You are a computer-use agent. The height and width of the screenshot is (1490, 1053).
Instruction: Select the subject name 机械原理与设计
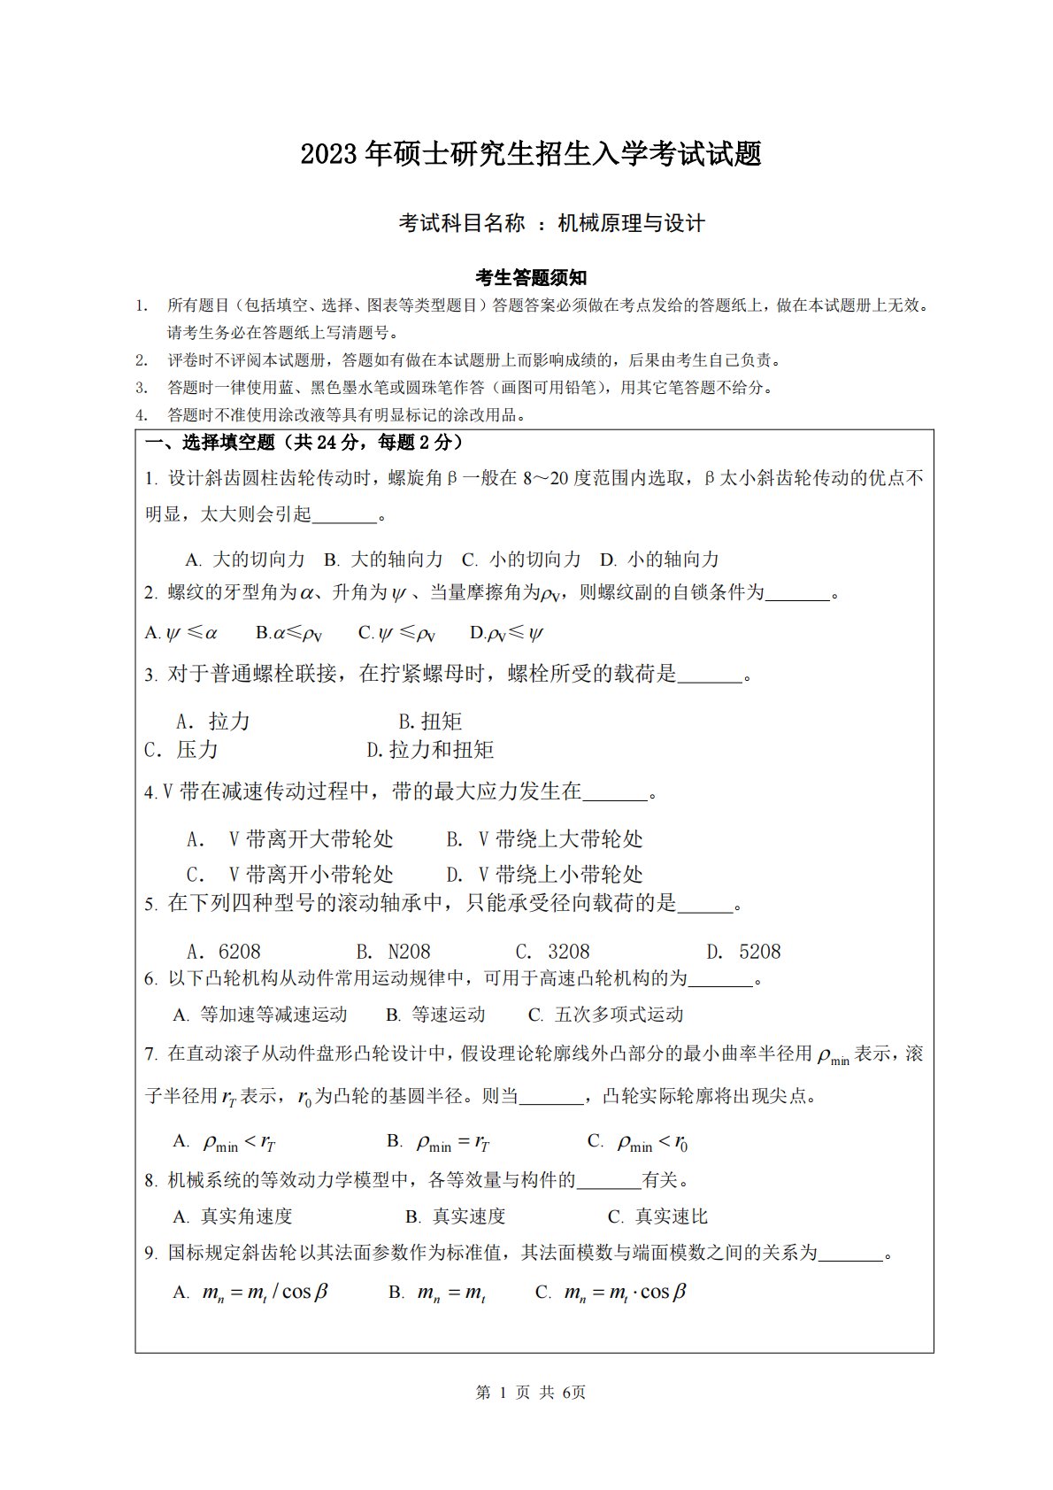point(631,223)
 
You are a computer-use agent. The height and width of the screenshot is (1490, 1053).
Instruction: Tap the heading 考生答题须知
point(531,278)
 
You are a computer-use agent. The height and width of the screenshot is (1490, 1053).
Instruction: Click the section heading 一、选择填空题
point(211,443)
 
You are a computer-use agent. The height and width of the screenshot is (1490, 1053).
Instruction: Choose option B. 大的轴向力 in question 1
point(383,560)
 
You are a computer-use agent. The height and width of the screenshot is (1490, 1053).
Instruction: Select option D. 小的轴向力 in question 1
point(659,560)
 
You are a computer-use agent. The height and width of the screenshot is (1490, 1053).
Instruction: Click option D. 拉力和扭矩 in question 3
point(430,750)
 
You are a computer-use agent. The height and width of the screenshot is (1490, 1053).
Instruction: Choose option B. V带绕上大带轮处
point(544,839)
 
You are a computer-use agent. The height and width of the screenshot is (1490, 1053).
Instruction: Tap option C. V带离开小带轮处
point(290,875)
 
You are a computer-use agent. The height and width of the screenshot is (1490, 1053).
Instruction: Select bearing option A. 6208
point(224,952)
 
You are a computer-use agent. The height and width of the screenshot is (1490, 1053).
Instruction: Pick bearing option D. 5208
point(743,952)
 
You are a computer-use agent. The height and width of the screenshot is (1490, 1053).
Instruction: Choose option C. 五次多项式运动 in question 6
point(605,1015)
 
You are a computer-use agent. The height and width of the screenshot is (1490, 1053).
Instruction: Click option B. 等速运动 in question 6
point(435,1015)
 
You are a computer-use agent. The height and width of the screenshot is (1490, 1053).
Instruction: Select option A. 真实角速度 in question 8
point(232,1216)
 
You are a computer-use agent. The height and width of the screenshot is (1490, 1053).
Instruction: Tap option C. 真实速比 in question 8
point(657,1216)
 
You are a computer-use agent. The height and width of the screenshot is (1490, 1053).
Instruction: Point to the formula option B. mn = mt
point(436,1293)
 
